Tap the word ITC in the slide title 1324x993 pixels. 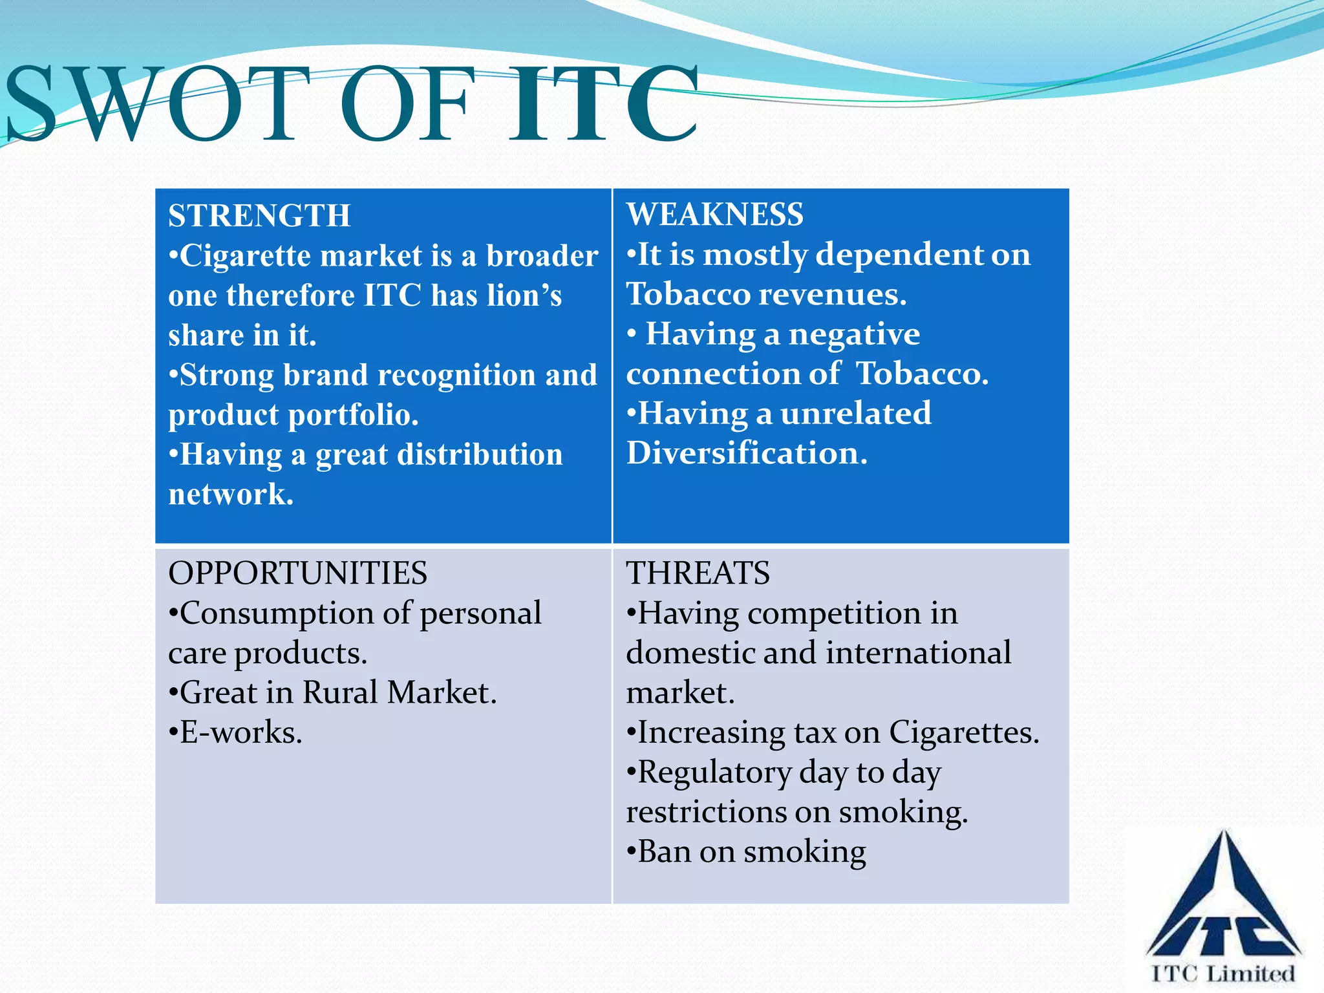[603, 105]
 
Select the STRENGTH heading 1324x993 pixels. [259, 215]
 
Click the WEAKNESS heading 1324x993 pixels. [715, 214]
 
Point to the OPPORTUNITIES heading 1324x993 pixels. [297, 573]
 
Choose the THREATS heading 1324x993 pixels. [698, 573]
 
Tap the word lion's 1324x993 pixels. [524, 295]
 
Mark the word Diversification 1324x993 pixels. [747, 453]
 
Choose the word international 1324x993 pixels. [918, 653]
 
